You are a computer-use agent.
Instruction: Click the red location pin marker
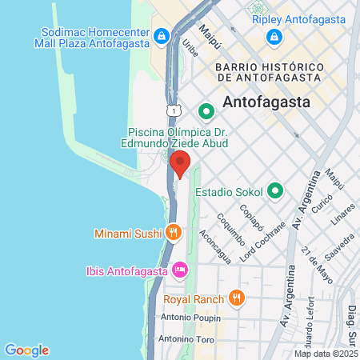(180, 162)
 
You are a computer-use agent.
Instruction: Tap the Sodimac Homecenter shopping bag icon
(161, 36)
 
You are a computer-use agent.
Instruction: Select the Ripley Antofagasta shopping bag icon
(274, 36)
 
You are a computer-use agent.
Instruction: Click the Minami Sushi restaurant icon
(173, 233)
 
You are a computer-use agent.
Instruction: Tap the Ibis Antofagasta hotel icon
(179, 270)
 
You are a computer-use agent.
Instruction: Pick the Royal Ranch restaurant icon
(235, 299)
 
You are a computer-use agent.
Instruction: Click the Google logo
(26, 350)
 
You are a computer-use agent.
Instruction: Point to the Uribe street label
(191, 49)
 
